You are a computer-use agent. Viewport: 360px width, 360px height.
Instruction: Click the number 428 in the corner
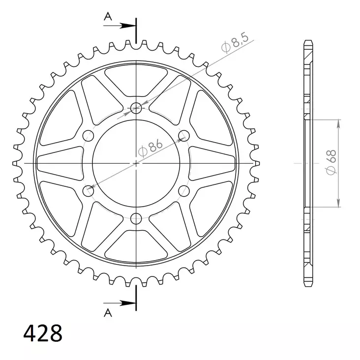[43, 333]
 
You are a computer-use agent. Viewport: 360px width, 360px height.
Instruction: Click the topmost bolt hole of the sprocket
[136, 108]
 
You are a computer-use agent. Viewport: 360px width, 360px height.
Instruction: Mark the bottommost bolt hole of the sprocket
[136, 218]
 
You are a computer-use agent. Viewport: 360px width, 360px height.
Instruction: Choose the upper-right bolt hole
[184, 135]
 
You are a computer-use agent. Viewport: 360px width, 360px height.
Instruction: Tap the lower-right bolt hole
[184, 190]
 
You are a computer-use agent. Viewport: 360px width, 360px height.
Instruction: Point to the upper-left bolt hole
[89, 135]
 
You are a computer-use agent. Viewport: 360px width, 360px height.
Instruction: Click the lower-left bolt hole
[89, 190]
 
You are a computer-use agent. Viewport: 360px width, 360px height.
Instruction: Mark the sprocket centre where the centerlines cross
[136, 163]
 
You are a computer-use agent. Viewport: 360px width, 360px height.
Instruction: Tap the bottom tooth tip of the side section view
[308, 284]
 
